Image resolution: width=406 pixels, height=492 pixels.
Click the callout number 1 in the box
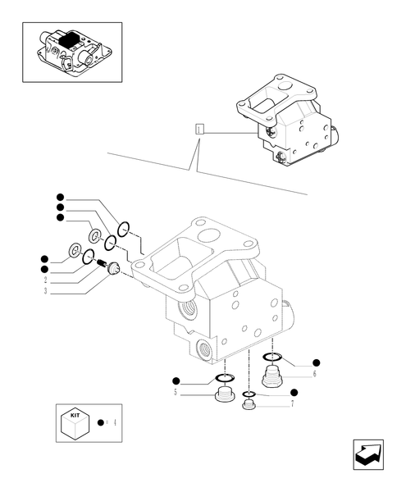point(199,130)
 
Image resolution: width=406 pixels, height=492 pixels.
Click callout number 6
point(314,373)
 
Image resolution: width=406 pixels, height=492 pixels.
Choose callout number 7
point(293,405)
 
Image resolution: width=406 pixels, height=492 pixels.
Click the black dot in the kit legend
point(100,422)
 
